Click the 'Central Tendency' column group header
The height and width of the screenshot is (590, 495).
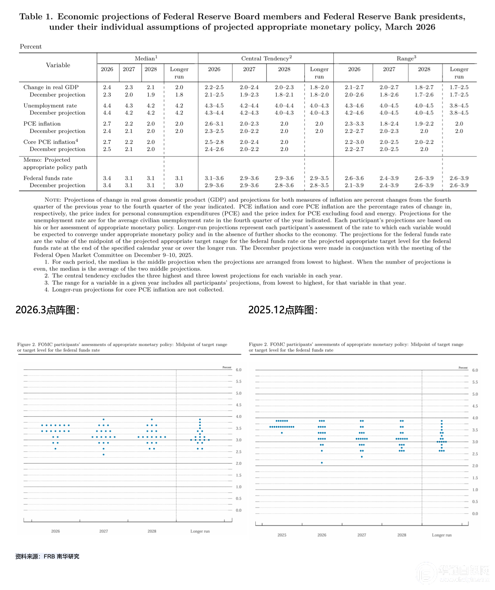coord(266,58)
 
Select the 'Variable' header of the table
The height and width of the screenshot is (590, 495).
coord(58,65)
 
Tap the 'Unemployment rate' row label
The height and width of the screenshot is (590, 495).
coord(50,106)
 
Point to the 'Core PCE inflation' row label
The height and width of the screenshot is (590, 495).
coord(51,142)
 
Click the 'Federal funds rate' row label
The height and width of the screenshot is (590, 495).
coord(48,178)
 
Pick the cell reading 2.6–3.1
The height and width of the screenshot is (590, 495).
coord(214,123)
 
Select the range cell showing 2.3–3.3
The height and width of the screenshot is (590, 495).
coord(354,123)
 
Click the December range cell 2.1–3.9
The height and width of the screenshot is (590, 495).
coord(354,185)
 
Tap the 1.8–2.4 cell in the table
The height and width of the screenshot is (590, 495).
coord(389,123)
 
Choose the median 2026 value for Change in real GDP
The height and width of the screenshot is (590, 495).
coord(107,87)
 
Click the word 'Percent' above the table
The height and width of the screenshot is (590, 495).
coord(30,47)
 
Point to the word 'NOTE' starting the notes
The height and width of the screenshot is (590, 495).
coord(53,200)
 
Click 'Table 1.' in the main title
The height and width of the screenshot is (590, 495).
coord(36,17)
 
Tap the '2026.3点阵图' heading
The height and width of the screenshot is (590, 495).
coord(47,310)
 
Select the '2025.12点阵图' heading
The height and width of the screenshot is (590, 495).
coord(283,310)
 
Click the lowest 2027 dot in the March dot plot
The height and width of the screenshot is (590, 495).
coord(104,455)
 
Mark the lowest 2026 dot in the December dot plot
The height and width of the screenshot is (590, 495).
coord(322,463)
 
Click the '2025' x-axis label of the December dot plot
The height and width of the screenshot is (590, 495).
coord(282,535)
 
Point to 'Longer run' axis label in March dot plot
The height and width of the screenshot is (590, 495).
coord(200,531)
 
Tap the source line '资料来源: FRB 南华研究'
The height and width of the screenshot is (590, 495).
coord(47,556)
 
